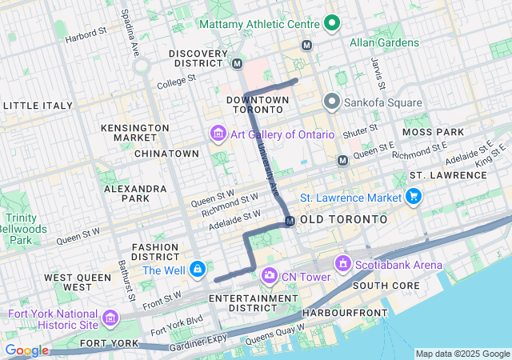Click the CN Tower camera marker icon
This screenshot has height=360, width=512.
coord(270,276)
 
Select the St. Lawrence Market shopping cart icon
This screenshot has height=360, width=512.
coord(413,196)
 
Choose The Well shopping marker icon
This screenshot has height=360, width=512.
coord(198,270)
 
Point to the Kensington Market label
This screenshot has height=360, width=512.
coord(134,133)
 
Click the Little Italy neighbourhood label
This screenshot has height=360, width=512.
coord(34,106)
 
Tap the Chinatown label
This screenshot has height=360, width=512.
coord(166,153)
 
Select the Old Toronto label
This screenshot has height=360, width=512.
coord(344,219)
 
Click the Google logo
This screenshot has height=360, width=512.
coord(26,350)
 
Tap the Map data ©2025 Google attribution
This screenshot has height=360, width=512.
coord(462,354)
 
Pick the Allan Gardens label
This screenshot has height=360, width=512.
coord(384,42)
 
